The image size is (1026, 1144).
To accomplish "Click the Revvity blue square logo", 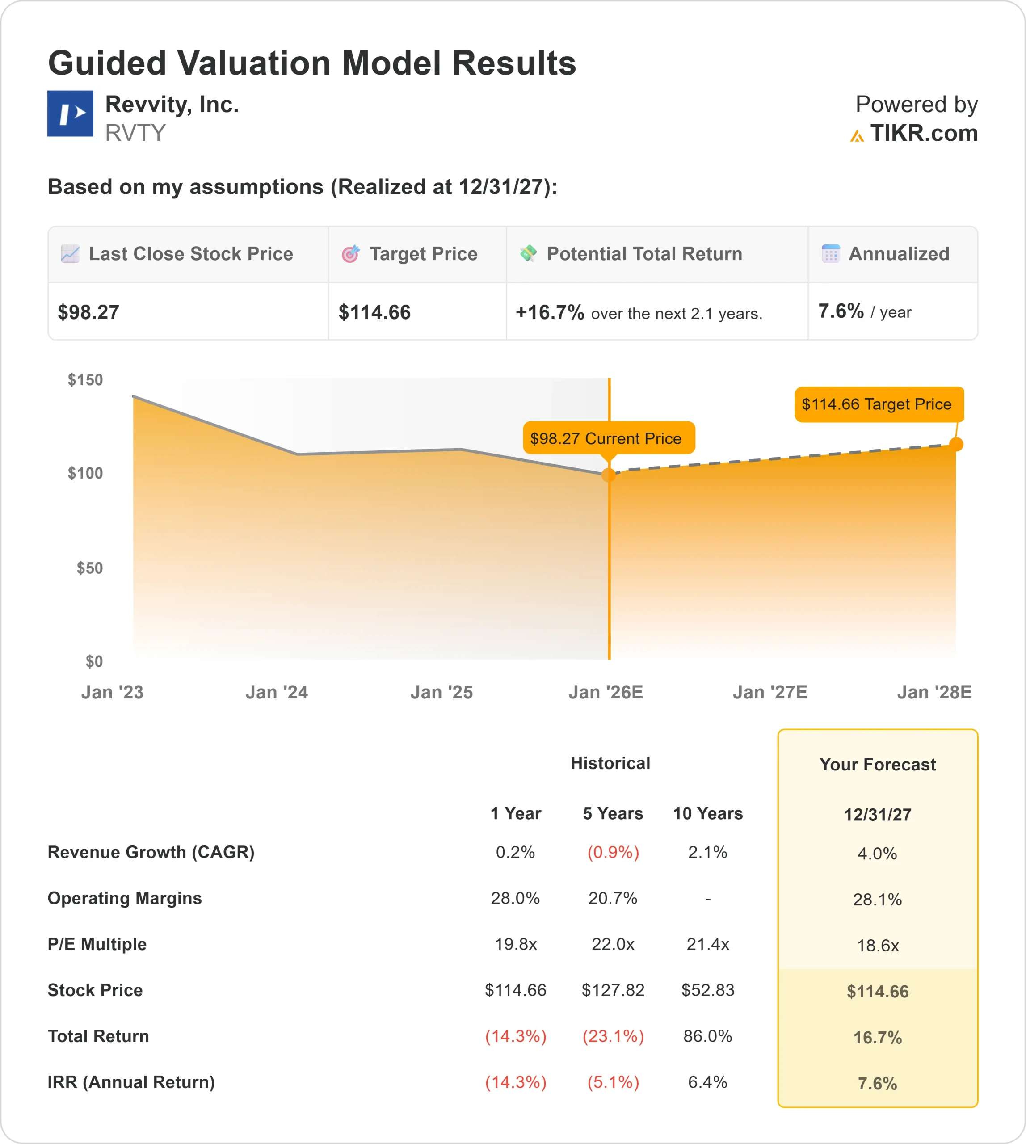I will pos(70,114).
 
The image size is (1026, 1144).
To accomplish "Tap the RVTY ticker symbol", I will pos(135,133).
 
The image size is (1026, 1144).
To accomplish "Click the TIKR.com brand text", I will pos(923,134).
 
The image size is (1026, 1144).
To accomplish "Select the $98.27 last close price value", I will pos(88,312).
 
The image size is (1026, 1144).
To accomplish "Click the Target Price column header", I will pos(423,254).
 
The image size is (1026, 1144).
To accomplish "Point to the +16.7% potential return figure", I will pos(550,312).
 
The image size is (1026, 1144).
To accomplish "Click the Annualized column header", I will pos(899,254).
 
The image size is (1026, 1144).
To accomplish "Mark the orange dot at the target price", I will pos(956,444).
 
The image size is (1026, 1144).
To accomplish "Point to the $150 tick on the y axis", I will pos(86,380).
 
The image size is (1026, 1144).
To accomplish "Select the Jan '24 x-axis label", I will pos(277,692).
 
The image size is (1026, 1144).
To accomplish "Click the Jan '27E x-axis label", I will pos(770,692).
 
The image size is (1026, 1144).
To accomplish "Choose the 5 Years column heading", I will pos(613,814).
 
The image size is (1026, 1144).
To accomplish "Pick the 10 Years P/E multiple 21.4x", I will pos(707,944).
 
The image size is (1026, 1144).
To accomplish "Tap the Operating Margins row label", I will pos(125,898).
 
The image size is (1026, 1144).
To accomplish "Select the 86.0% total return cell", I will pos(707,1036).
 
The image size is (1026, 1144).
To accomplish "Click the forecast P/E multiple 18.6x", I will pos(878,946).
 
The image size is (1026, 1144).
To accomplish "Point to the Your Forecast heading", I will pos(878,765).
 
